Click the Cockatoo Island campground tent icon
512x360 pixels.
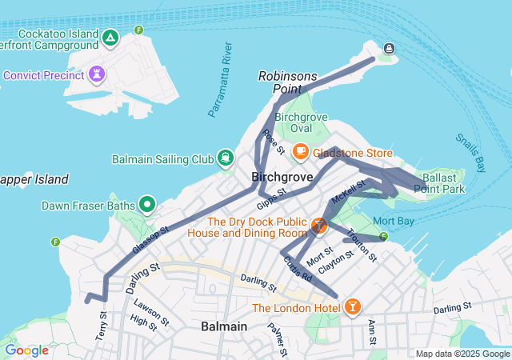pyautogui.click(x=110, y=37)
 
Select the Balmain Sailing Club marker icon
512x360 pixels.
pyautogui.click(x=226, y=158)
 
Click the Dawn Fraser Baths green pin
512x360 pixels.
pyautogui.click(x=146, y=205)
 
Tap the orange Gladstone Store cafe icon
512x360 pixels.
pyautogui.click(x=301, y=151)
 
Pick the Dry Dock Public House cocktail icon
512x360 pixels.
pyautogui.click(x=319, y=227)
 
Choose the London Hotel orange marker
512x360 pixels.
pyautogui.click(x=352, y=307)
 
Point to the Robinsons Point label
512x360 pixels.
pyautogui.click(x=288, y=82)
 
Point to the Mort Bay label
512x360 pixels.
pyautogui.click(x=393, y=220)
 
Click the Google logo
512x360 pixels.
pyautogui.click(x=26, y=350)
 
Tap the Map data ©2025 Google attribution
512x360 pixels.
pyautogui.click(x=462, y=354)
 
